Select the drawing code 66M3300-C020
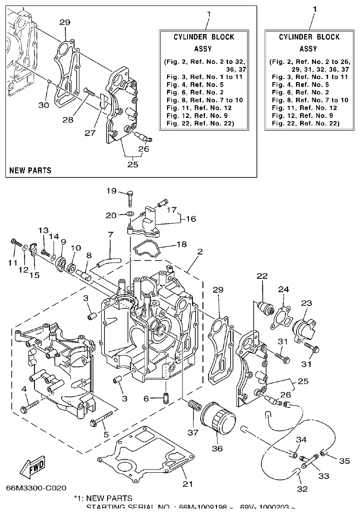(36, 488)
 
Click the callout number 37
(193, 432)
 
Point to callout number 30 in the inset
(44, 105)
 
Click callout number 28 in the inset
(68, 119)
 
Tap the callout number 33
(324, 476)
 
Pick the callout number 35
(345, 461)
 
